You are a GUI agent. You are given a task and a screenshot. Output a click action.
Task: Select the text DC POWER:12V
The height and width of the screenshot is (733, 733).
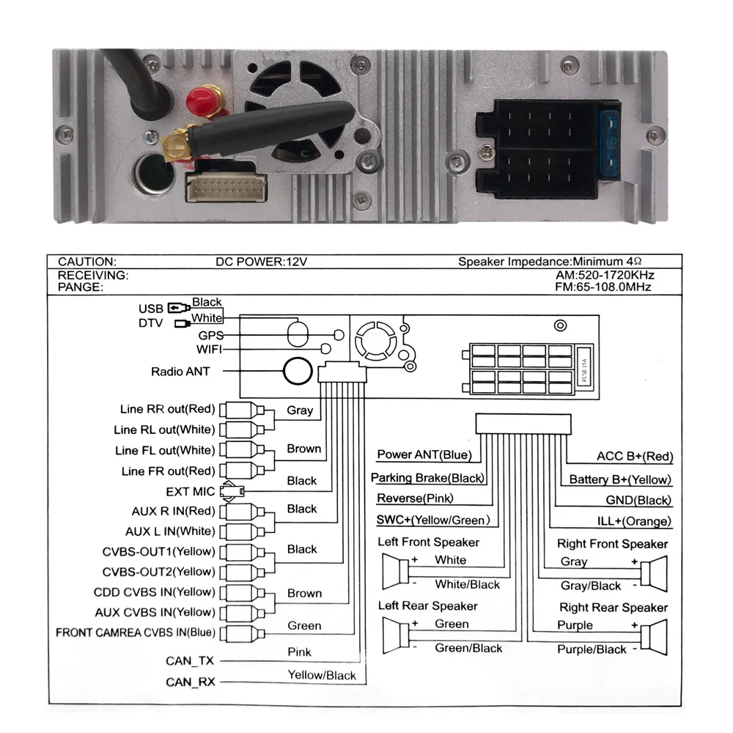(x=254, y=261)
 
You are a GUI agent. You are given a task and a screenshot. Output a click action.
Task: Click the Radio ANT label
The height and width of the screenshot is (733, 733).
(x=180, y=372)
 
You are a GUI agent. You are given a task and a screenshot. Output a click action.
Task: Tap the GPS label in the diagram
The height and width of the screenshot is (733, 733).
(x=210, y=334)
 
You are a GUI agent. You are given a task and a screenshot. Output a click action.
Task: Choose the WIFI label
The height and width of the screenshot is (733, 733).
(x=209, y=349)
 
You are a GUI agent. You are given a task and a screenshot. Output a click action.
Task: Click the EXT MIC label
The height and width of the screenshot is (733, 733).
(x=190, y=491)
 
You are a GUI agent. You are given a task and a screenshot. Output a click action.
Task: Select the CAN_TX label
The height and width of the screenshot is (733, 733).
(x=190, y=661)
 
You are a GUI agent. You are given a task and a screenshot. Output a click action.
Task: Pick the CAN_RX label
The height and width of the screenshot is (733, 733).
(x=190, y=682)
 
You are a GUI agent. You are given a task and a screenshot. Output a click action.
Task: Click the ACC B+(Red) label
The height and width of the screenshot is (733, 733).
(x=634, y=457)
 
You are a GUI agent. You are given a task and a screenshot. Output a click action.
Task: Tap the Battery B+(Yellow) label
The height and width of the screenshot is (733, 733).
(x=620, y=479)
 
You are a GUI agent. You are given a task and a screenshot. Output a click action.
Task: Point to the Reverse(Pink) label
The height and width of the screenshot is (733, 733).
(x=415, y=498)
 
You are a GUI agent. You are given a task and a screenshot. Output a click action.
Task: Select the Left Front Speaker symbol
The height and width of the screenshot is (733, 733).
(x=396, y=571)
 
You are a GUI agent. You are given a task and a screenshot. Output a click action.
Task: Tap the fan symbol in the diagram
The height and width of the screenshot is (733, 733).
(x=372, y=341)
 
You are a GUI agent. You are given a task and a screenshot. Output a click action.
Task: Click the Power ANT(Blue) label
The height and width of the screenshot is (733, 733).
(x=424, y=454)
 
